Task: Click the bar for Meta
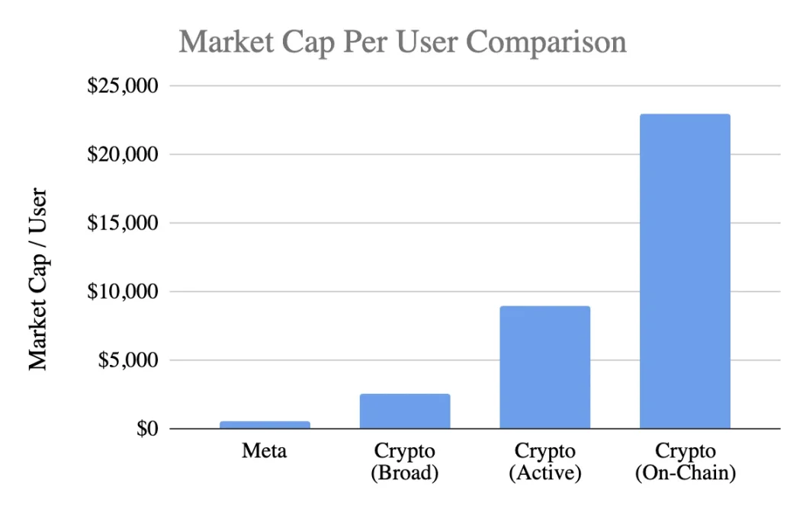265,424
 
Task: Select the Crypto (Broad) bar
405,411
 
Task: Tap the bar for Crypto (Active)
544,367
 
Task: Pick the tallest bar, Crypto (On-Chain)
685,271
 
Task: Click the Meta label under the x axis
265,451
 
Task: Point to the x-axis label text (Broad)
405,473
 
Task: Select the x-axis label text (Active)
544,473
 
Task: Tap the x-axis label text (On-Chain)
685,473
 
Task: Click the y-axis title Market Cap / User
39,280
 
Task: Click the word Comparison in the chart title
547,43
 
